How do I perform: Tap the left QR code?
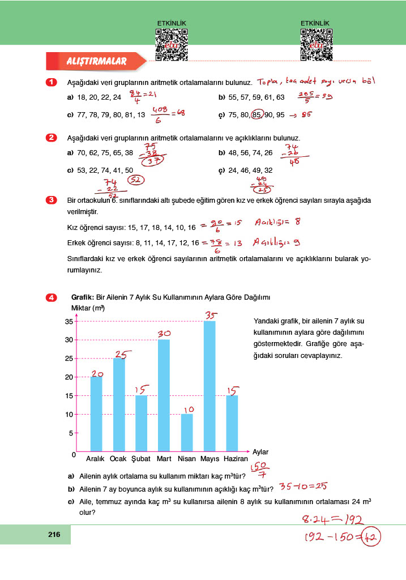click(171, 44)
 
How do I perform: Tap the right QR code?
click(316, 44)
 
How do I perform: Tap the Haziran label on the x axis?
click(236, 459)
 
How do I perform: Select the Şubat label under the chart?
click(141, 459)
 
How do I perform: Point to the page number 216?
click(54, 535)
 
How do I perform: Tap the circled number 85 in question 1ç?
click(257, 114)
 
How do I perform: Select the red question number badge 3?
click(51, 200)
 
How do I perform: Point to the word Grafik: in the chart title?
click(83, 297)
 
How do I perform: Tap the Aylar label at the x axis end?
click(260, 452)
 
